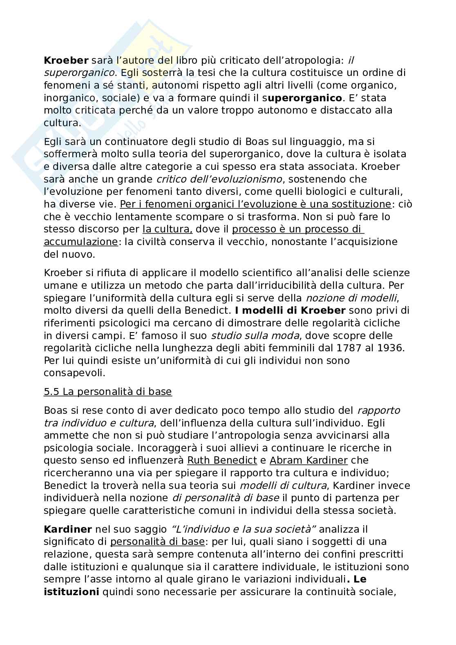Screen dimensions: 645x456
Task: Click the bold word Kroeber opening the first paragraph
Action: (x=66, y=60)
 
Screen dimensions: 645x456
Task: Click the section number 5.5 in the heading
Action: (x=51, y=392)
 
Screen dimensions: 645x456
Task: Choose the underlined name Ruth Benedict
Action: (x=222, y=460)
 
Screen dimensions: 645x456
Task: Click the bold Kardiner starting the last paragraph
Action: (x=67, y=529)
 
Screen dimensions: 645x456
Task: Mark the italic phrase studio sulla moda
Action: (x=245, y=336)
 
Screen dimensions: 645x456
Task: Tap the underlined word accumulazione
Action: (x=80, y=241)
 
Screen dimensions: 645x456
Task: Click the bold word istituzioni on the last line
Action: (x=72, y=591)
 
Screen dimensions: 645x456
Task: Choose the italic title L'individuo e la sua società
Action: (x=244, y=529)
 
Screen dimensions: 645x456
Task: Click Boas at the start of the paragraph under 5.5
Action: (x=56, y=410)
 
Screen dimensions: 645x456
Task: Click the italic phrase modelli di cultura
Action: (x=283, y=485)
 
